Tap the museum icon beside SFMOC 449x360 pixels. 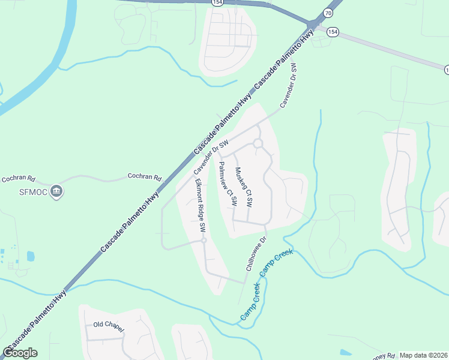57,191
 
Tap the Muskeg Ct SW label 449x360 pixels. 244,187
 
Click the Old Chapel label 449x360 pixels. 108,325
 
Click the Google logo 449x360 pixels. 20,353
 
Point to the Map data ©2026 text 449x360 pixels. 423,355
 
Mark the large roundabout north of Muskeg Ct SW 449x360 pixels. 258,143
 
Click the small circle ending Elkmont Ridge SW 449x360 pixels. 204,241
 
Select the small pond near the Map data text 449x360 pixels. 345,352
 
